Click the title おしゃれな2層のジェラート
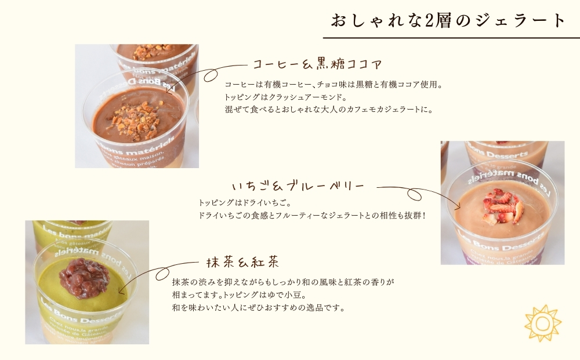pos(448,20)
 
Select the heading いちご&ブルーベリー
pos(298,186)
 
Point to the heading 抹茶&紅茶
pos(242,261)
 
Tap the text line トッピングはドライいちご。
pos(244,203)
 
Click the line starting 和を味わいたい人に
pos(259,308)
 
